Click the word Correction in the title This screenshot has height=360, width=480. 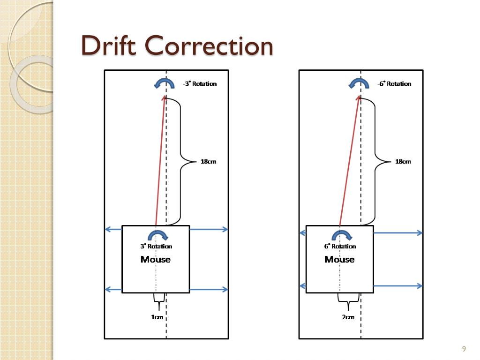(209, 46)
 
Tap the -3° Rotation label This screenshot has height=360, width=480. (200, 84)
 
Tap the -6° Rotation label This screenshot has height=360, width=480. (394, 84)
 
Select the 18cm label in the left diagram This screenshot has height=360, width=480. (209, 162)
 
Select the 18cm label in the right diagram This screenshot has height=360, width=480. (403, 162)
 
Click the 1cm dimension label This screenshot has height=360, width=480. (157, 317)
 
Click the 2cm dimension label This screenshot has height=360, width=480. (348, 317)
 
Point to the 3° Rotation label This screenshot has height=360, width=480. (156, 246)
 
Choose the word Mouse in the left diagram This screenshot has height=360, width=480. (156, 259)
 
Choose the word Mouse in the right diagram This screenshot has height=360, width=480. (339, 259)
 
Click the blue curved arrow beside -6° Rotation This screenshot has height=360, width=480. (359, 83)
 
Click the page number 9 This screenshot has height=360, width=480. (464, 349)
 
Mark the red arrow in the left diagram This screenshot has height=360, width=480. (160, 159)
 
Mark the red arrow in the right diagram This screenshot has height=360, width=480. (349, 159)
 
